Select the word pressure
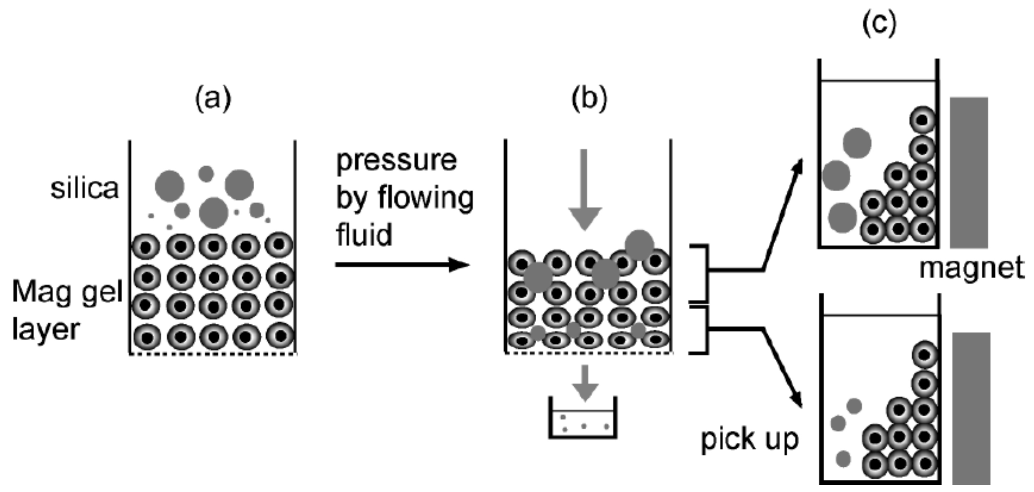point(396,161)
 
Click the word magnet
point(971,268)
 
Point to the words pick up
point(749,440)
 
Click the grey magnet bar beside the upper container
point(968,173)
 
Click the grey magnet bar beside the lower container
point(971,408)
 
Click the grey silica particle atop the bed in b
point(639,244)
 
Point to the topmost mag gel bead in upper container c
point(922,120)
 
